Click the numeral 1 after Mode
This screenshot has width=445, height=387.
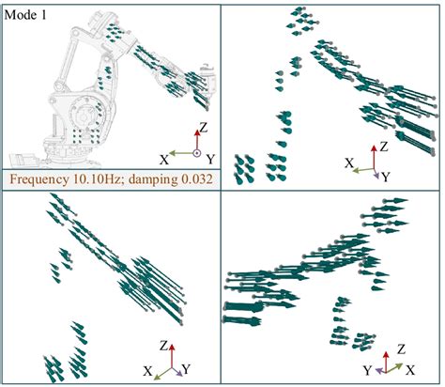pos(43,15)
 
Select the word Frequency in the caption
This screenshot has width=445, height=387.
pos(39,179)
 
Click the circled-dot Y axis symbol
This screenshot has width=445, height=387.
pos(196,153)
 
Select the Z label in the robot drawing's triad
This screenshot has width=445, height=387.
pos(204,128)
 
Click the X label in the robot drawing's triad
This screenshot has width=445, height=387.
pos(164,160)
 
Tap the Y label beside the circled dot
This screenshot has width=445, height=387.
pos(211,160)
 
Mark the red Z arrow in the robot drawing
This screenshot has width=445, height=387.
pos(197,140)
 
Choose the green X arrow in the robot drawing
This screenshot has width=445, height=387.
pos(181,153)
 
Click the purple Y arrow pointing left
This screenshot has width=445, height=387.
pos(380,371)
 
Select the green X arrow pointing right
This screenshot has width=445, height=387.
pos(394,368)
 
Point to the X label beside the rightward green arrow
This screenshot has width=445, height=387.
pos(410,371)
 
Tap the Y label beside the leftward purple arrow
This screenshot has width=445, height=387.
pos(368,371)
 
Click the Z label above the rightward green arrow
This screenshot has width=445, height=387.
pos(402,348)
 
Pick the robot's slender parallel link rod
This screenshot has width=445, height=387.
pos(68,56)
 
